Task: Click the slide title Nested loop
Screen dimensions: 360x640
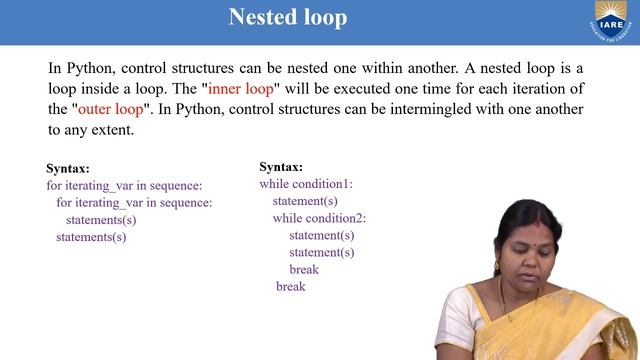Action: [288, 18]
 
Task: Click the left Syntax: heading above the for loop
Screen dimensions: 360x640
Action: [68, 169]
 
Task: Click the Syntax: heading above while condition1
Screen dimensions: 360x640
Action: [281, 167]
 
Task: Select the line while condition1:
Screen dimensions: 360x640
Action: [306, 184]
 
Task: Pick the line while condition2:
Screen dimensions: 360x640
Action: [319, 218]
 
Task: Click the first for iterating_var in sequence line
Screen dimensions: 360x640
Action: [124, 185]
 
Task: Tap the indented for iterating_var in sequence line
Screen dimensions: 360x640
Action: [134, 202]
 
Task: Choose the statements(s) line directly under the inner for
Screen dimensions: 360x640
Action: [101, 220]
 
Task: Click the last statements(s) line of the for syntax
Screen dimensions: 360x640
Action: [91, 237]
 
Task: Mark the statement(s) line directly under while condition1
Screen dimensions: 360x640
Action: [305, 201]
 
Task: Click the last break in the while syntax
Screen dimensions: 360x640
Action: [290, 287]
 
